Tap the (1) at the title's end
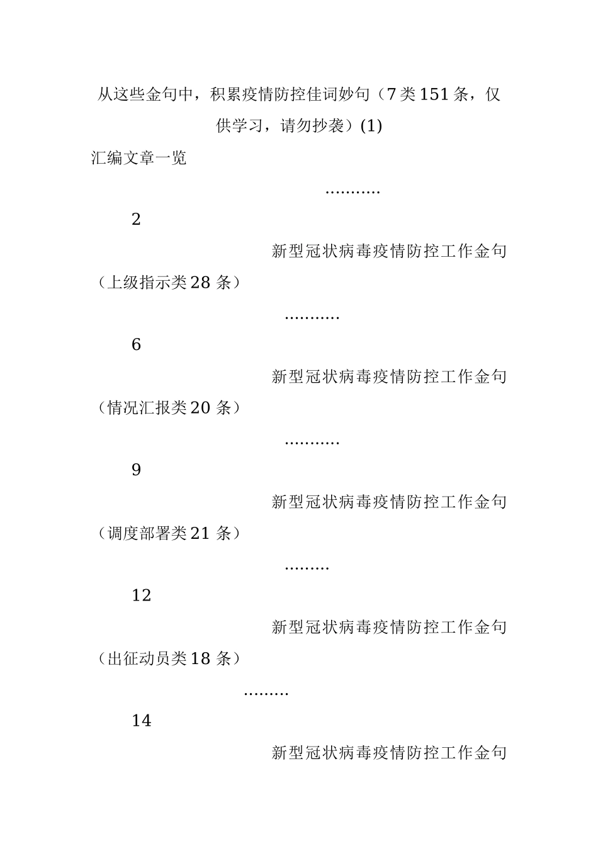coord(370,127)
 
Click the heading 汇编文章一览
coord(139,158)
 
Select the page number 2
coord(136,220)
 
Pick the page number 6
coord(136,346)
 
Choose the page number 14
coord(142,721)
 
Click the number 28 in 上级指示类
coord(200,283)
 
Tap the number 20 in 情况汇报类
coord(200,409)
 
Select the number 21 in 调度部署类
coord(200,534)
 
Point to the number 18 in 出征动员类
coord(200,659)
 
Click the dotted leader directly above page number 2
coord(353,191)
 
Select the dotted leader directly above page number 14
coord(266,693)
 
